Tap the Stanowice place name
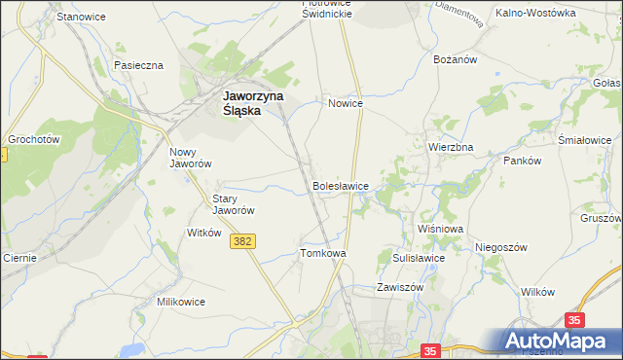(x=81, y=18)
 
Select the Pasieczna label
(x=138, y=65)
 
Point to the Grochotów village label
(x=34, y=139)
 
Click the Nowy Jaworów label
(x=191, y=159)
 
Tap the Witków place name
(x=204, y=234)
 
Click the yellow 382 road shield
(x=244, y=240)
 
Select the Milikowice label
(x=181, y=302)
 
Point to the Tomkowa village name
(x=323, y=253)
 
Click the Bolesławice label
(x=340, y=185)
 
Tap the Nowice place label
(x=346, y=102)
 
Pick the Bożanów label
(x=454, y=59)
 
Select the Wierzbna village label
(x=451, y=147)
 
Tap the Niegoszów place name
(x=501, y=247)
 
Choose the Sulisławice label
(x=419, y=258)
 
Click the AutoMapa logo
(x=558, y=341)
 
